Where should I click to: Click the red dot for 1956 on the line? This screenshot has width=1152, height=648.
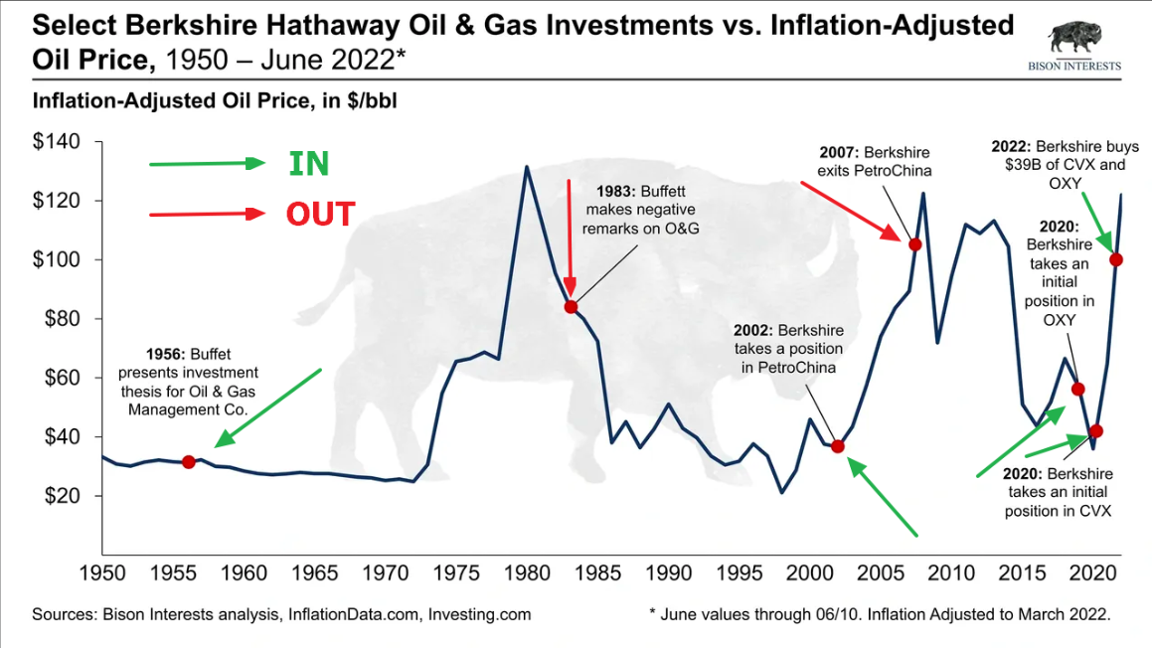189,462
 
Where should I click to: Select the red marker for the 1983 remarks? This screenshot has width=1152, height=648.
571,307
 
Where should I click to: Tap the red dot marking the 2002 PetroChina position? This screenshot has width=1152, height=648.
838,446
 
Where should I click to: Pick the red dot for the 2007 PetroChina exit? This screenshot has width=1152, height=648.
914,244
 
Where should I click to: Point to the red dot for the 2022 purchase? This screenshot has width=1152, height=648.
1116,259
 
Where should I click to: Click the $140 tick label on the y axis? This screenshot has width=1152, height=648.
57,141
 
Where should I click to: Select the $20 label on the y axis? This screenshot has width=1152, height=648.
63,496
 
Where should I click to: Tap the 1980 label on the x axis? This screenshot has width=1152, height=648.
527,573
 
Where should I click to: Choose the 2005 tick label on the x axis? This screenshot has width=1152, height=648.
881,573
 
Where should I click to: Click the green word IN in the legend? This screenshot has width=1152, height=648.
308,164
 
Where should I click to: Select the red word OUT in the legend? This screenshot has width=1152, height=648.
320,215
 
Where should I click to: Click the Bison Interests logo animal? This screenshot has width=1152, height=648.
1074,38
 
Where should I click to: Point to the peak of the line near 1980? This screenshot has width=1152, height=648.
526,167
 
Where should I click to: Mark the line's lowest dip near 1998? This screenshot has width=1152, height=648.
781,492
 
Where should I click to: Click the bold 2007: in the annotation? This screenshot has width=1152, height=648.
839,153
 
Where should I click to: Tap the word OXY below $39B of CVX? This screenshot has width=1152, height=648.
1065,184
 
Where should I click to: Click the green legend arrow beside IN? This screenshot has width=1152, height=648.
207,163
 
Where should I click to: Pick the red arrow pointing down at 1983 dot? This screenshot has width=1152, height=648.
570,238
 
